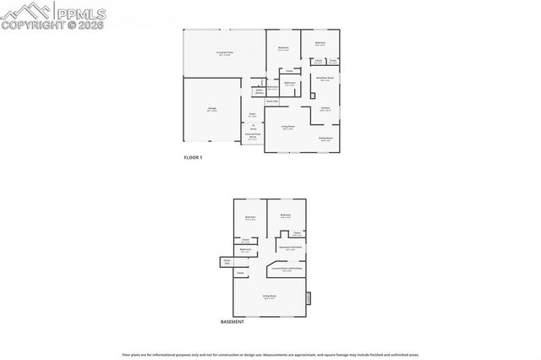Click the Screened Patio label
[224, 53]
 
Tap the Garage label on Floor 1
[213, 110]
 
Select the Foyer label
[252, 115]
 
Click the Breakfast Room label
[322, 79]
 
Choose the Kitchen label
[325, 109]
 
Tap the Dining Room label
[325, 139]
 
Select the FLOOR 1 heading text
[194, 158]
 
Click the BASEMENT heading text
[232, 322]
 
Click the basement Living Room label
[269, 297]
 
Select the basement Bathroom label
[245, 250]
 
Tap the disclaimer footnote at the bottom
[270, 353]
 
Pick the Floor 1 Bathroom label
[290, 84]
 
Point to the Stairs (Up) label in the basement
[227, 263]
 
